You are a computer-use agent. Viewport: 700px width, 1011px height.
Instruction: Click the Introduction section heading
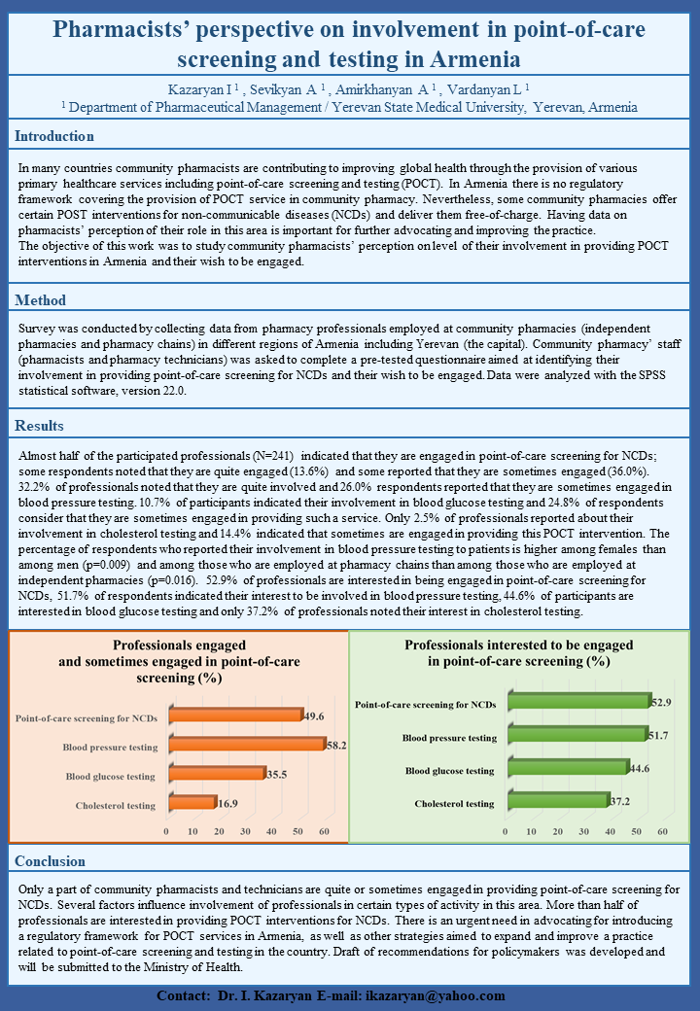pyautogui.click(x=54, y=136)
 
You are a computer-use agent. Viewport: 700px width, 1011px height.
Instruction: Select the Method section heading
pyautogui.click(x=41, y=300)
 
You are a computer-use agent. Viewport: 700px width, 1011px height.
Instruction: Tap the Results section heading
pyautogui.click(x=40, y=426)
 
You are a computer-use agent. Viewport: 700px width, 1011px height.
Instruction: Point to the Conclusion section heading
pyautogui.click(x=51, y=861)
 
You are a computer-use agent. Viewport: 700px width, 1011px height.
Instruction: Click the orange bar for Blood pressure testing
pyautogui.click(x=245, y=745)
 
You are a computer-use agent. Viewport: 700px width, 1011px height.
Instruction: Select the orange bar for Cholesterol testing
pyautogui.click(x=191, y=803)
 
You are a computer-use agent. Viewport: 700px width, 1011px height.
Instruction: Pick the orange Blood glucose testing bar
pyautogui.click(x=216, y=774)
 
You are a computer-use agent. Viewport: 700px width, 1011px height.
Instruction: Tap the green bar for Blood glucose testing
pyautogui.click(x=564, y=768)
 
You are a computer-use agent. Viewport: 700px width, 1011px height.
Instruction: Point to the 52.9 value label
pyautogui.click(x=662, y=701)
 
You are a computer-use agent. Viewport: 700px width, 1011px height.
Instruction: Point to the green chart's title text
pyautogui.click(x=519, y=652)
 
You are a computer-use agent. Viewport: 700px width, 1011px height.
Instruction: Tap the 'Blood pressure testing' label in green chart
pyautogui.click(x=449, y=738)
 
